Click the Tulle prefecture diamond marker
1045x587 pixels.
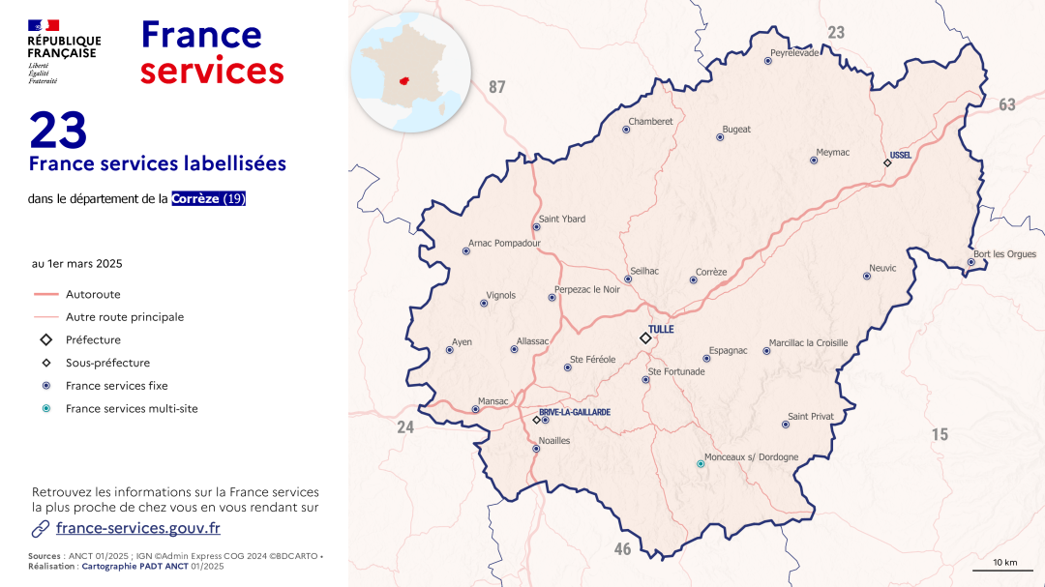[x=645, y=338]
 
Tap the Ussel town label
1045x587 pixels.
[x=901, y=155]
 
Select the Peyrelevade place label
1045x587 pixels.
[x=794, y=52]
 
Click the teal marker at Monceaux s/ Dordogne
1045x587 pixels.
[x=702, y=464]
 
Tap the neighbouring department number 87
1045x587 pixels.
[x=496, y=87]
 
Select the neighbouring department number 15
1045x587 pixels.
[x=940, y=435]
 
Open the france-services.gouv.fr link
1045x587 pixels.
[x=138, y=528]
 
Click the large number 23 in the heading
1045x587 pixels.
[x=58, y=131]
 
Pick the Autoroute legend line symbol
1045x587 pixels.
[x=46, y=294]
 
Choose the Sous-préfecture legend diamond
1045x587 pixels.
[x=46, y=363]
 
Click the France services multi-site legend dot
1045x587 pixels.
[x=46, y=409]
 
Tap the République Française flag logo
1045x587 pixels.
[x=44, y=25]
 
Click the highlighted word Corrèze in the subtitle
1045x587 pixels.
[x=195, y=199]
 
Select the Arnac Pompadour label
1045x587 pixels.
[x=504, y=244]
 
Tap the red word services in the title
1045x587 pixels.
[x=212, y=71]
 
